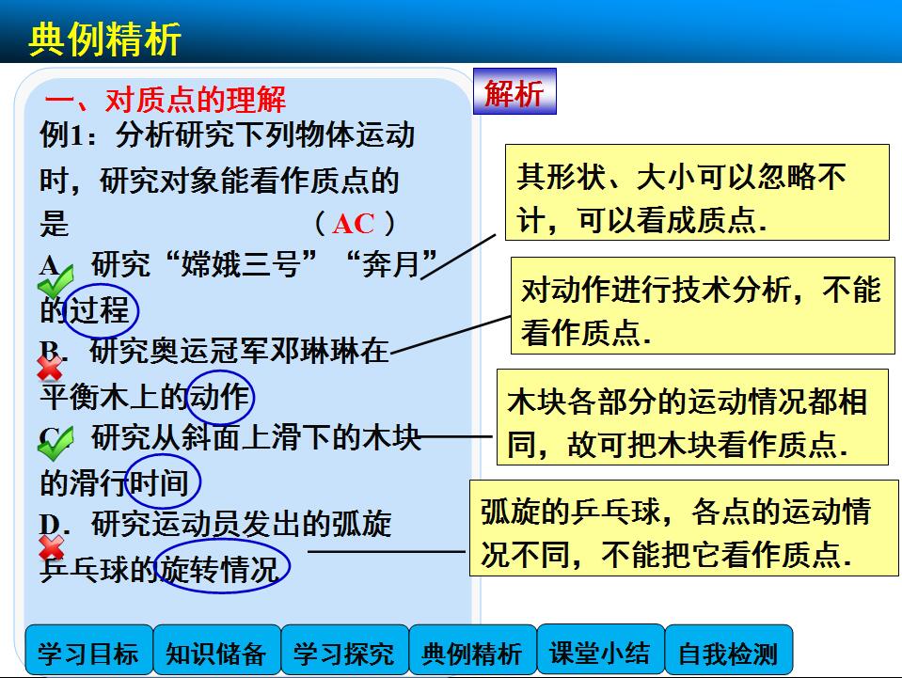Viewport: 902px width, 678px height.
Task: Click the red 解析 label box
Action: (x=514, y=91)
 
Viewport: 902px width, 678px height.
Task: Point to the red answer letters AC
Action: (x=354, y=224)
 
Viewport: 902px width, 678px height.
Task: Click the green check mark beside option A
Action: (x=55, y=282)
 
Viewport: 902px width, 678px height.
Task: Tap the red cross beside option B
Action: (x=50, y=368)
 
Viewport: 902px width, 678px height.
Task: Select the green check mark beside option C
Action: (x=55, y=443)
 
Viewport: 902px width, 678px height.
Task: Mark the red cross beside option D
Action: (x=51, y=547)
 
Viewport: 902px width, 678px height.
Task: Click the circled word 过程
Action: (x=100, y=310)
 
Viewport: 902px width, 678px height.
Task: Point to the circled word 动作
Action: (x=220, y=398)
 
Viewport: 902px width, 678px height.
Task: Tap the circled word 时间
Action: (x=162, y=481)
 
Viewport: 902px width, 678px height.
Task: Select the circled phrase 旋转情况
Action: (x=222, y=568)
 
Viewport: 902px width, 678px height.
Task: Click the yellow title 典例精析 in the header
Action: (x=104, y=39)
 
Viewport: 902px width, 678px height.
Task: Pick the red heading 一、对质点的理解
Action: (x=166, y=100)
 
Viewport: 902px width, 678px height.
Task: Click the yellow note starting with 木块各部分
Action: (x=692, y=418)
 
